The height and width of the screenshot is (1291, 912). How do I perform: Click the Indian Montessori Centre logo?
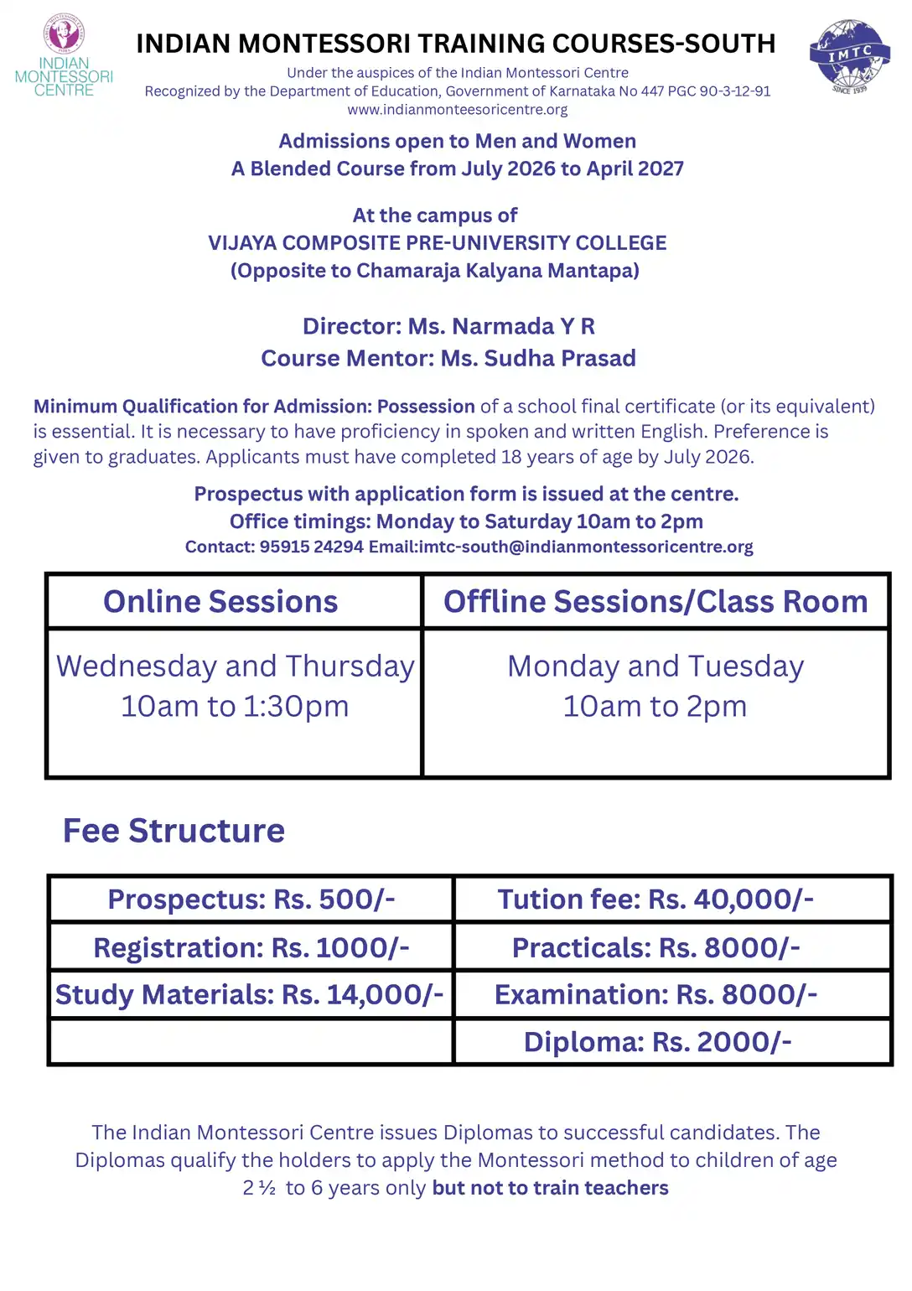(64, 56)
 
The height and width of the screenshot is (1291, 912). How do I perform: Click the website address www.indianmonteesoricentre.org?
(457, 110)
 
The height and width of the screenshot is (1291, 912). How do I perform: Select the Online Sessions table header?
(220, 602)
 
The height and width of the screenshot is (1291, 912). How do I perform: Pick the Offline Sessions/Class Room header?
(655, 602)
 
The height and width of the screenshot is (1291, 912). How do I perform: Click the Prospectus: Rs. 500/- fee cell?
(251, 900)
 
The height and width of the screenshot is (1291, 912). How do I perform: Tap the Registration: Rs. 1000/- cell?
(251, 948)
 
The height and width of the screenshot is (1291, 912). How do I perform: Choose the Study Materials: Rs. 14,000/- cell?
(250, 995)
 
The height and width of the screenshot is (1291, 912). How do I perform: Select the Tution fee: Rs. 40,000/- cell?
(655, 900)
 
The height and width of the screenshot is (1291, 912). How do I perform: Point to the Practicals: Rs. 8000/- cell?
(655, 948)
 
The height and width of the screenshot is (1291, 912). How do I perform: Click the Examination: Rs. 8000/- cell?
(655, 995)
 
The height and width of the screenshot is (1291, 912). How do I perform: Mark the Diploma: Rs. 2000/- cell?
(657, 1042)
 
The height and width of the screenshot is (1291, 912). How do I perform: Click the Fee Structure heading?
(174, 831)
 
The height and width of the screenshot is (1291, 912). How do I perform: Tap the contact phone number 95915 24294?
(312, 547)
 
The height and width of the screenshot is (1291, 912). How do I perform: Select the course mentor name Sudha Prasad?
(560, 359)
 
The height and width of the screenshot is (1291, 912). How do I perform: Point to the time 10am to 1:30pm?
(235, 707)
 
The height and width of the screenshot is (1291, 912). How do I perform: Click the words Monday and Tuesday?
(655, 666)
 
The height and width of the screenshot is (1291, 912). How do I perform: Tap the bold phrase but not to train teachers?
(550, 1188)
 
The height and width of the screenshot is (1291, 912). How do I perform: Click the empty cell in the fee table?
(251, 1042)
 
